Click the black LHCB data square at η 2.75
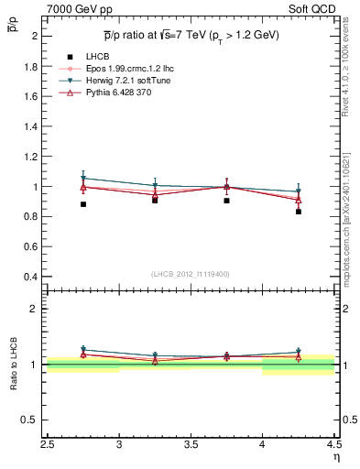pos(83,204)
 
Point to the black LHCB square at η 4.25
pos(299,212)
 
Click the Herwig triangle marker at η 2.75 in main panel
pos(83,179)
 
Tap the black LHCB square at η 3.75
pos(226,200)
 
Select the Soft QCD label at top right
pos(313,9)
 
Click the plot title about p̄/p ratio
pos(191,35)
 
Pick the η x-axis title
pos(336,457)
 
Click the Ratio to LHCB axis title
pos(14,365)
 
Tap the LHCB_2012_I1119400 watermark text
pos(191,273)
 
